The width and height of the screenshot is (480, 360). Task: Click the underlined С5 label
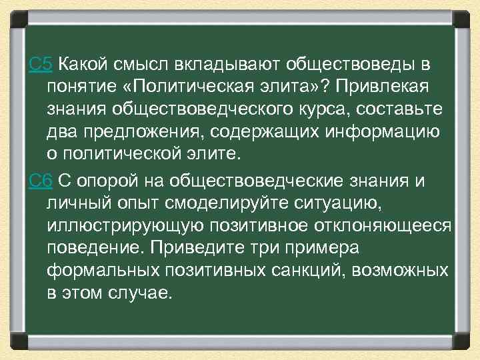[41, 65]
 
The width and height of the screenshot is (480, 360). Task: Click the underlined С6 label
[41, 180]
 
